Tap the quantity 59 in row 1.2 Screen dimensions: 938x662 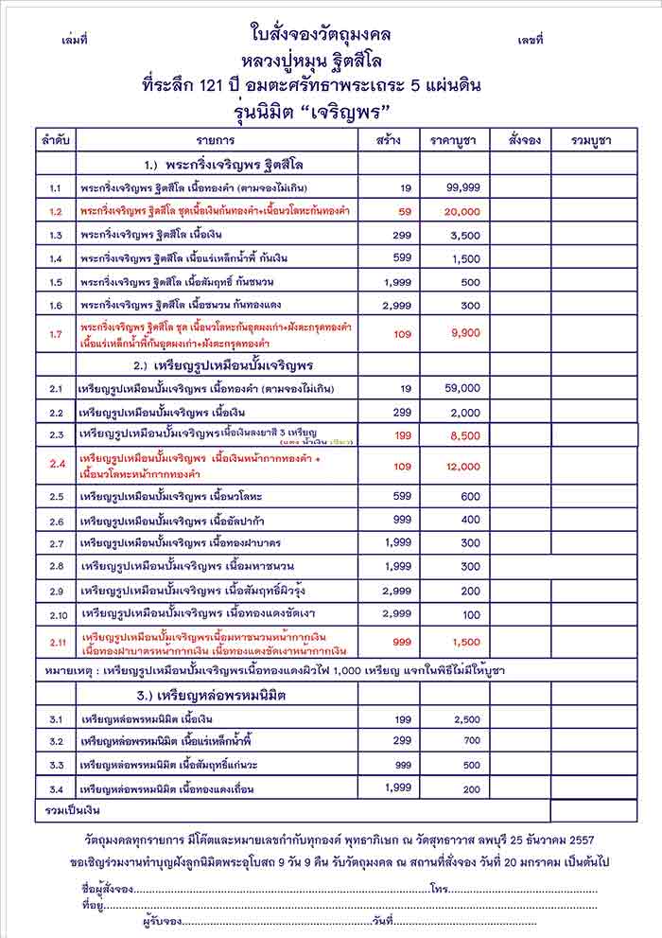coord(404,211)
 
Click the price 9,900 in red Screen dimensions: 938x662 coord(466,333)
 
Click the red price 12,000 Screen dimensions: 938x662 coord(463,467)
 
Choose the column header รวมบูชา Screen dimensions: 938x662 coord(591,140)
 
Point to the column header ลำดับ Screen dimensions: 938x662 coord(55,140)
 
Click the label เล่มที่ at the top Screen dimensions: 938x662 coord(74,42)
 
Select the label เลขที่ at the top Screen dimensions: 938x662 coord(531,42)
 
